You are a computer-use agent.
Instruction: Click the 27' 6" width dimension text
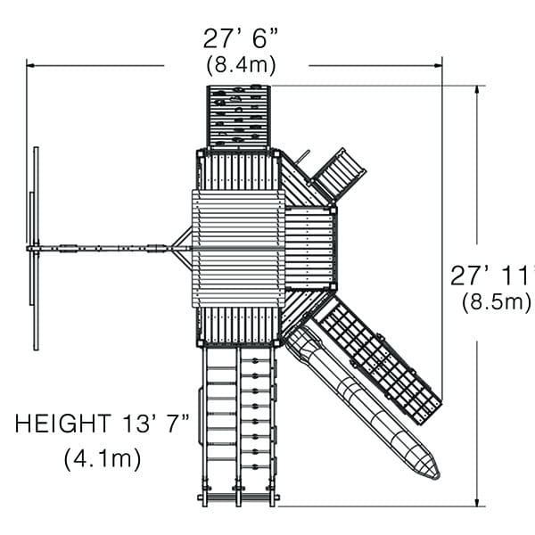point(241,38)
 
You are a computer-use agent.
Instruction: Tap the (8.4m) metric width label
point(241,65)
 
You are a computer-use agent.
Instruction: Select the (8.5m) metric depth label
point(498,302)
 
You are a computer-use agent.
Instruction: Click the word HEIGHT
point(63,424)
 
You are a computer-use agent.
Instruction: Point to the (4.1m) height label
point(103,459)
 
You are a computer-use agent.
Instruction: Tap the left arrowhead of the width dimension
point(30,65)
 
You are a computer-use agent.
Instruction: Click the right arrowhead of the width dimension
point(438,65)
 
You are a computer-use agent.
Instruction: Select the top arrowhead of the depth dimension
point(477,90)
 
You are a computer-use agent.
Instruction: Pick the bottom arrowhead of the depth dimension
point(477,501)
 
